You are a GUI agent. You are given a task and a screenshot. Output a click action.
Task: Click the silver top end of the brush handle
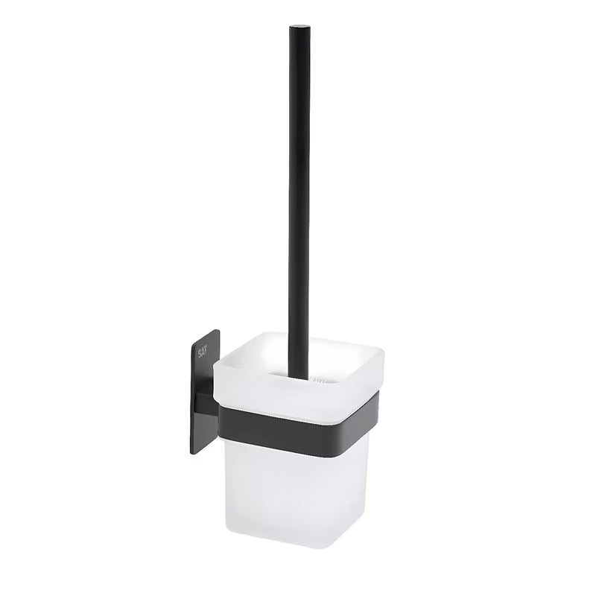pyautogui.click(x=300, y=26)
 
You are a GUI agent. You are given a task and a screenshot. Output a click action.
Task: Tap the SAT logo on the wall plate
pyautogui.click(x=201, y=352)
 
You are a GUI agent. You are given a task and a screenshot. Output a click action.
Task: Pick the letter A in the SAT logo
pyautogui.click(x=201, y=352)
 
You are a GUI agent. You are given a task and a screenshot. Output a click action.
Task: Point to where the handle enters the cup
pyautogui.click(x=300, y=378)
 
